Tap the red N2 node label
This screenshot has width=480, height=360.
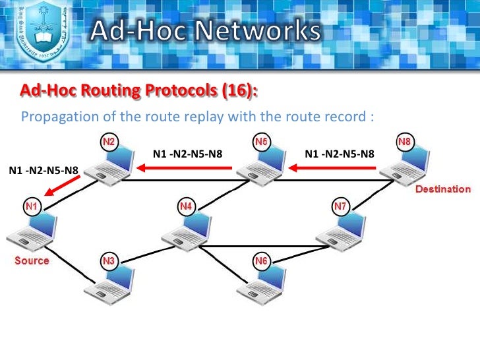coord(109,142)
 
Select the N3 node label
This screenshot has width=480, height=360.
coord(109,262)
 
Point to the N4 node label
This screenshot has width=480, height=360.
coord(186,207)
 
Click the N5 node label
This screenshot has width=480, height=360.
coord(261,142)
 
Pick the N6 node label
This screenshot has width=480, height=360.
coord(261,262)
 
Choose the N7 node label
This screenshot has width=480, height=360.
coord(340,206)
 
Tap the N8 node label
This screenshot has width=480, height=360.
coord(405,142)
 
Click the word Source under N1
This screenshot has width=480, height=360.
coord(32,260)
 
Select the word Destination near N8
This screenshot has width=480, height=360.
coord(443,190)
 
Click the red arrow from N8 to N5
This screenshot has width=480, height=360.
coord(335,167)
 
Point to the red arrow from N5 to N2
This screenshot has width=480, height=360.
coord(185,167)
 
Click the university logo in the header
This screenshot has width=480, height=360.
coord(42,32)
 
